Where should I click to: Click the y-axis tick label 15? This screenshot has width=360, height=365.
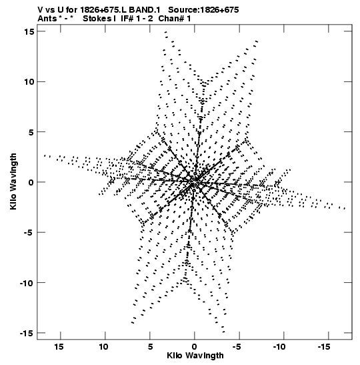coord(29,31)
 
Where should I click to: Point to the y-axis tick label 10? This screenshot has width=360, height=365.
coord(29,81)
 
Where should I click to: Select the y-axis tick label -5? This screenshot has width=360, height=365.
coord(28,232)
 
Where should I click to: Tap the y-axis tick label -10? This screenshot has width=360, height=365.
coord(26,283)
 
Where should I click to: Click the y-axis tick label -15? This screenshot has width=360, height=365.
coord(26,333)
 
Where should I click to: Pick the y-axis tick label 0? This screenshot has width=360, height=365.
coord(31,182)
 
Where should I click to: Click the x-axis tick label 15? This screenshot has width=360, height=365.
coord(59,346)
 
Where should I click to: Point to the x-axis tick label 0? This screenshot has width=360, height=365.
coord(195,346)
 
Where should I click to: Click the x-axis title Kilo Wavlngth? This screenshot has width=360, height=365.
coord(195,356)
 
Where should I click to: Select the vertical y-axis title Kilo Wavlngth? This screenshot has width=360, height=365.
coord(13,181)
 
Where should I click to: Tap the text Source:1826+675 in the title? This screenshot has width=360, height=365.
coord(203,10)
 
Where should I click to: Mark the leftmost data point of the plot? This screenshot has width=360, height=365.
coord(45,155)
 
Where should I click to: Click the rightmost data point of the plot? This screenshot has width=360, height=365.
coord(345,209)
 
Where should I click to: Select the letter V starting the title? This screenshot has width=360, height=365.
coord(40,10)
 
